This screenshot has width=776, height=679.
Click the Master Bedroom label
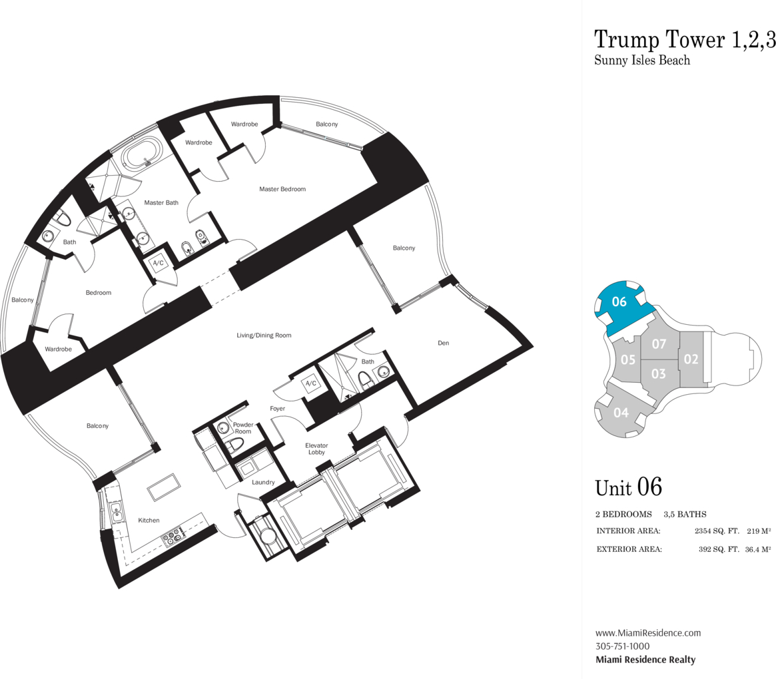point(282,189)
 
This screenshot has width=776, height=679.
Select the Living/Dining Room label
point(264,336)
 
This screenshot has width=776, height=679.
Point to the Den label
point(444,343)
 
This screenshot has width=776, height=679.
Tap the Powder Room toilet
point(234,446)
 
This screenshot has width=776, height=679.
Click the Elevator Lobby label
point(317,449)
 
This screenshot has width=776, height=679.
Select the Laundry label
point(263,482)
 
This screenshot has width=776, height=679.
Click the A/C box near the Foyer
point(310,383)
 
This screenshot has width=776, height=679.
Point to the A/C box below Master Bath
point(159,263)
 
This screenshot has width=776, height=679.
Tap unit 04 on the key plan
point(621,411)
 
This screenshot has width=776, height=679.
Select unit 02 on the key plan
point(691,359)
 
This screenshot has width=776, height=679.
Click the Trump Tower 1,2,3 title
point(685,39)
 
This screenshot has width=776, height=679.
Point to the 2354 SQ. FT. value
point(717,531)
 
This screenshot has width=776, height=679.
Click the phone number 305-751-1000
point(622,646)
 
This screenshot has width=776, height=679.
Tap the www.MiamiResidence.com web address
point(648,633)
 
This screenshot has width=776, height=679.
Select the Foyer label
point(278,409)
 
